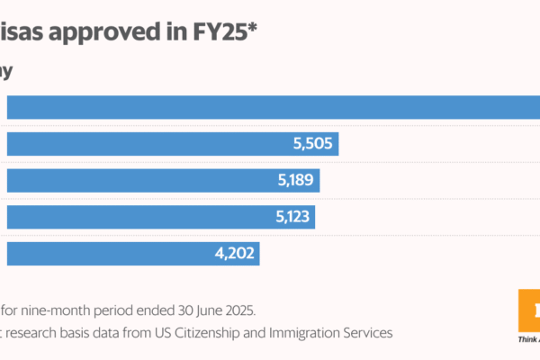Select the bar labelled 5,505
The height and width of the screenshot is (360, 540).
tap(171, 142)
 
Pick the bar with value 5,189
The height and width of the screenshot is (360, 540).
tap(162, 180)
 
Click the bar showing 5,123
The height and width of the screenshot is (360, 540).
tap(160, 217)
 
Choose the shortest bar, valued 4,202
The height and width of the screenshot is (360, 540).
tap(132, 254)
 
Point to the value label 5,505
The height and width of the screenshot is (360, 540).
tap(313, 143)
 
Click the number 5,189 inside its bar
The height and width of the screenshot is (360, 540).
tap(294, 180)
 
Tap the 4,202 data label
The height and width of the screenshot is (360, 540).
tap(235, 254)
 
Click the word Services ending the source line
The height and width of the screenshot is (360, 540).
tap(366, 333)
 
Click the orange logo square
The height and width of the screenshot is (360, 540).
tap(530, 310)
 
